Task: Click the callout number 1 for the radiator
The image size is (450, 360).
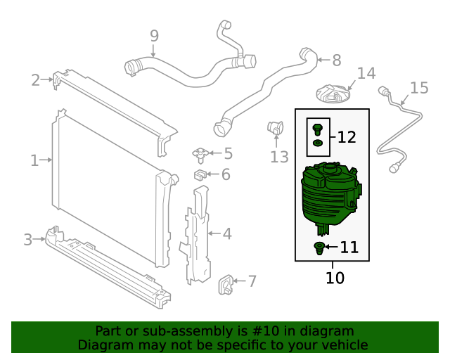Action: (34, 160)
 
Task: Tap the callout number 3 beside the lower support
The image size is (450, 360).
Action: (28, 240)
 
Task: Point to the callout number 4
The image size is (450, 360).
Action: (227, 233)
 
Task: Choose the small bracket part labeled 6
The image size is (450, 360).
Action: (200, 174)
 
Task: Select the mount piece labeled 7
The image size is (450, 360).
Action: (227, 282)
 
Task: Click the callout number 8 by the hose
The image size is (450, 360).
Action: (336, 60)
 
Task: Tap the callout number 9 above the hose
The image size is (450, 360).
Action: (154, 35)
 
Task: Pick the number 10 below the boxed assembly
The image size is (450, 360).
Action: (335, 278)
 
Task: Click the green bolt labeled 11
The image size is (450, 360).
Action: (319, 247)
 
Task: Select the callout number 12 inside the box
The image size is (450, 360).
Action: (347, 137)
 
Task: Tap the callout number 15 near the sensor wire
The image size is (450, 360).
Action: (419, 88)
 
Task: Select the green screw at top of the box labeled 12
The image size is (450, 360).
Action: (317, 129)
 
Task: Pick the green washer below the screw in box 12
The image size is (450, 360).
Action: (317, 144)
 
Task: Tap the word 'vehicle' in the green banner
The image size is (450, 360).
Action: (345, 345)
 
